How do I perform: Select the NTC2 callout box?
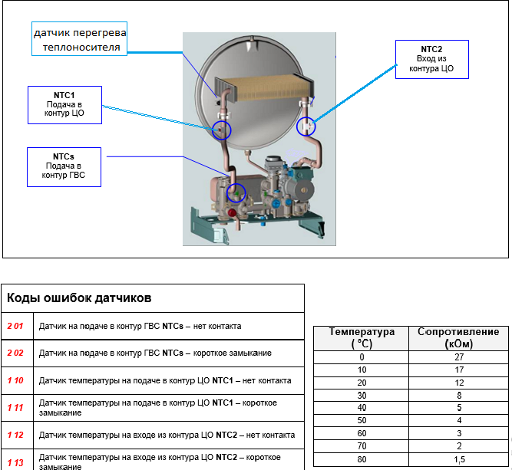point(431,58)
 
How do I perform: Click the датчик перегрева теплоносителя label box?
point(80,40)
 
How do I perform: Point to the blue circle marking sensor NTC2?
point(306,126)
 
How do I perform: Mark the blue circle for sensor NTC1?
point(222,130)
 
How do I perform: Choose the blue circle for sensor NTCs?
point(236,193)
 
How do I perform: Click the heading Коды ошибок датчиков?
point(79,297)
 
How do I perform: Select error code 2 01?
point(15,326)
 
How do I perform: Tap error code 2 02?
point(15,353)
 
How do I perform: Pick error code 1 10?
point(15,380)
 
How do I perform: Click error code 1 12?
point(15,435)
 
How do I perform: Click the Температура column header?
point(362,337)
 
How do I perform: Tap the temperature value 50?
point(362,420)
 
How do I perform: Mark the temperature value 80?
point(362,458)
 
